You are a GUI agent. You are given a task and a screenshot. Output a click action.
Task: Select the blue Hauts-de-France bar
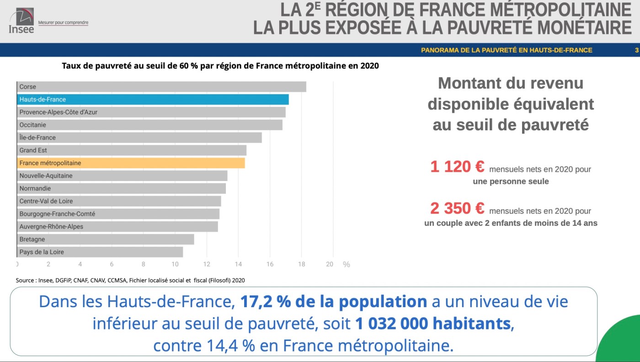(153, 100)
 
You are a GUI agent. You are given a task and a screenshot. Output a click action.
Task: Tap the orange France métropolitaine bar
(131, 163)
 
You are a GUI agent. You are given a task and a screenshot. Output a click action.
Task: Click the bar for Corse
(161, 87)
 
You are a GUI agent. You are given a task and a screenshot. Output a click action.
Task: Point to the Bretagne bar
(105, 240)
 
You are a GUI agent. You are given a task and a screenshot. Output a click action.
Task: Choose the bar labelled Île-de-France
(139, 138)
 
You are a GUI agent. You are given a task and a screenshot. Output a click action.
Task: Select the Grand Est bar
(132, 150)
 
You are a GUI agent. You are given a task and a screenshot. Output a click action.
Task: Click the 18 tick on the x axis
(301, 264)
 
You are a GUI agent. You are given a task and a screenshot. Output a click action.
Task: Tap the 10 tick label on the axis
(175, 264)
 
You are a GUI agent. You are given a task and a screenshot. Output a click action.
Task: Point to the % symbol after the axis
(347, 265)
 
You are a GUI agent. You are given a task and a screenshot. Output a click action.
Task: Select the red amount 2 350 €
(457, 209)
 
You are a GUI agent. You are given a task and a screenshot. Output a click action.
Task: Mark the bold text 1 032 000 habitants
(432, 324)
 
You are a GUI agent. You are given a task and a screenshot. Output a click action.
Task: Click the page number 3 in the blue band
(636, 50)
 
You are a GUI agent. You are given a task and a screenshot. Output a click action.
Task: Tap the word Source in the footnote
(25, 280)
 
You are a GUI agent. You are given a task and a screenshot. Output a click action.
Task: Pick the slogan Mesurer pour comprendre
(63, 22)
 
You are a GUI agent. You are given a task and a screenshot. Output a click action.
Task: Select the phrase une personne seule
(511, 181)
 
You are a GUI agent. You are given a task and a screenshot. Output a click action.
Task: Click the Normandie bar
(121, 189)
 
